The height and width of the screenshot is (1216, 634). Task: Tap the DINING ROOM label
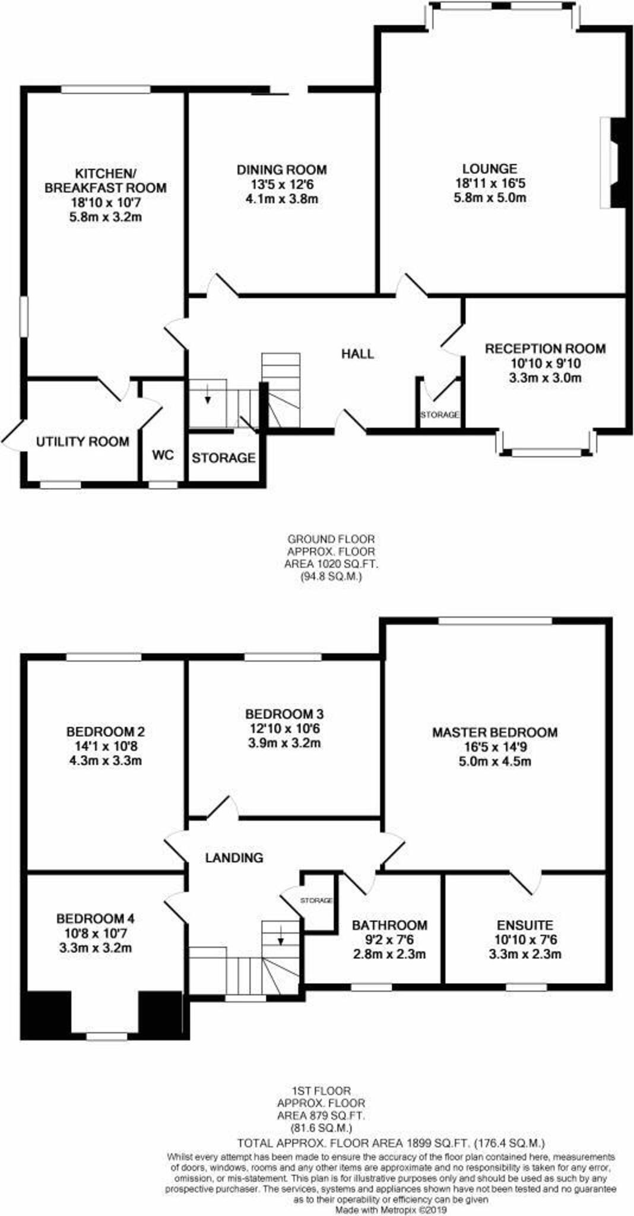[281, 170]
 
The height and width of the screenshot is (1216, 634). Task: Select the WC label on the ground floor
[163, 455]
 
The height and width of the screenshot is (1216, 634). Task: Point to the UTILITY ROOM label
[83, 442]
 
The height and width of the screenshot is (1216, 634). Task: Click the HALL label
[357, 354]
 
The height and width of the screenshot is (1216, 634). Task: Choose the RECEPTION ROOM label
[545, 349]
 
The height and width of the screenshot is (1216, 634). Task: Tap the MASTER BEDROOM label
[494, 732]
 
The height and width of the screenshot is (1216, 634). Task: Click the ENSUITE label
[525, 925]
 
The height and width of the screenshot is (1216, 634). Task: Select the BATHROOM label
[389, 925]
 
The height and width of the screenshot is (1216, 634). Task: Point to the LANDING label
[234, 857]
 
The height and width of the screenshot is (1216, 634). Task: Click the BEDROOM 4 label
[96, 919]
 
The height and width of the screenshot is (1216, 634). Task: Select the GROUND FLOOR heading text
[331, 539]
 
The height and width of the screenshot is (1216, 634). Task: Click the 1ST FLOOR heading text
[321, 1091]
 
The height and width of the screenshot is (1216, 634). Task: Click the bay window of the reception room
[547, 452]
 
